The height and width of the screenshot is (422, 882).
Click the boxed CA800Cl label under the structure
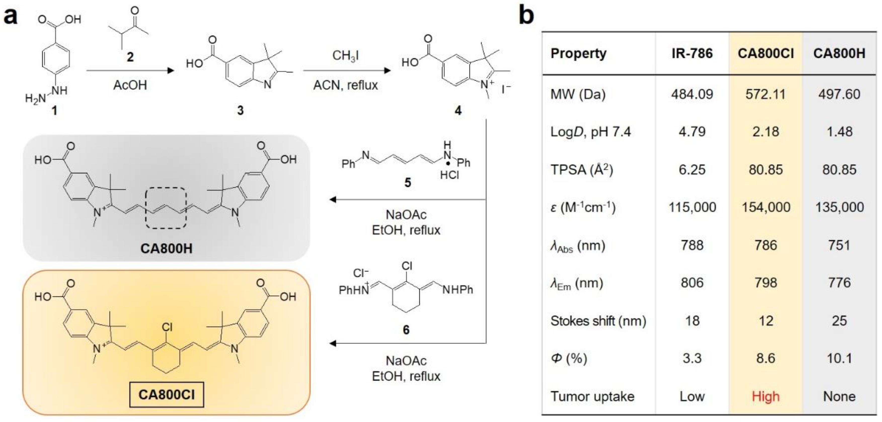(x=166, y=395)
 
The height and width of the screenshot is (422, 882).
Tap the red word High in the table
(x=765, y=396)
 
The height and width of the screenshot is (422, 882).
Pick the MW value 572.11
(x=765, y=94)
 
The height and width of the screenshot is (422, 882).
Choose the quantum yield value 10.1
(x=839, y=358)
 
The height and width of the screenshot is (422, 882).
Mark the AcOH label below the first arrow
(x=130, y=85)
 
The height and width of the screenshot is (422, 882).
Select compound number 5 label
(x=407, y=182)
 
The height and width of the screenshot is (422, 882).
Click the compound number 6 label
(x=406, y=330)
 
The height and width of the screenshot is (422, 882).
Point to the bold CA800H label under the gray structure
(x=166, y=248)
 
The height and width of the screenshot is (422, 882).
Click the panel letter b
(x=526, y=15)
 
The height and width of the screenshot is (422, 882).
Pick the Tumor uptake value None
(x=839, y=396)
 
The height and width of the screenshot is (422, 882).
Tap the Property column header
(x=578, y=53)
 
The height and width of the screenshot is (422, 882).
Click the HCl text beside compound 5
(x=449, y=175)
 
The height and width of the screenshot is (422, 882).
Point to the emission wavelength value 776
(x=839, y=283)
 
